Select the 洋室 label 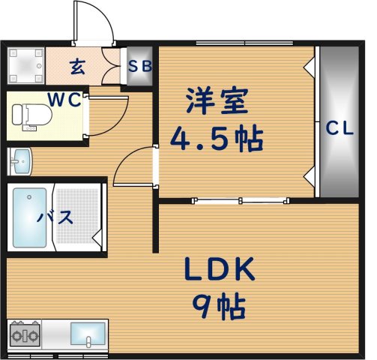[216, 102]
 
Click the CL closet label [338, 128]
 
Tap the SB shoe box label [139, 67]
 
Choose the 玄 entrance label [77, 67]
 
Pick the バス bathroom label [55, 218]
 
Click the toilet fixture [32, 115]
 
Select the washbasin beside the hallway [20, 160]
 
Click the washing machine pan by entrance [25, 66]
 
